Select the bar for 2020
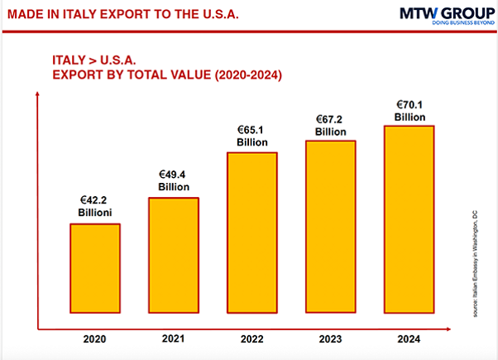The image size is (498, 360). pyautogui.click(x=94, y=268)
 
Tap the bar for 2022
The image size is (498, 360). pyautogui.click(x=252, y=233)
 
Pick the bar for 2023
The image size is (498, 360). pyautogui.click(x=331, y=227)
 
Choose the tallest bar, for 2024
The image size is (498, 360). pyautogui.click(x=409, y=219)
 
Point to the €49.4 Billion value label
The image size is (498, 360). pyautogui.click(x=174, y=180)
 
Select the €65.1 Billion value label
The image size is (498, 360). pyautogui.click(x=252, y=137)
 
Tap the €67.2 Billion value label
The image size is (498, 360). pyautogui.click(x=331, y=125)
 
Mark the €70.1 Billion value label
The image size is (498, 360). pyautogui.click(x=409, y=111)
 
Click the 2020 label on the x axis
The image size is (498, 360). pyautogui.click(x=95, y=338)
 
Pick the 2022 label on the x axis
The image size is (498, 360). pyautogui.click(x=253, y=338)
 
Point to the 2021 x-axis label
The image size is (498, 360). pyautogui.click(x=174, y=338)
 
